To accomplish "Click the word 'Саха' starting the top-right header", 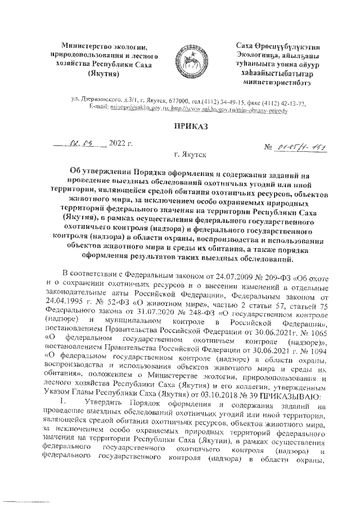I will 244,46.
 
